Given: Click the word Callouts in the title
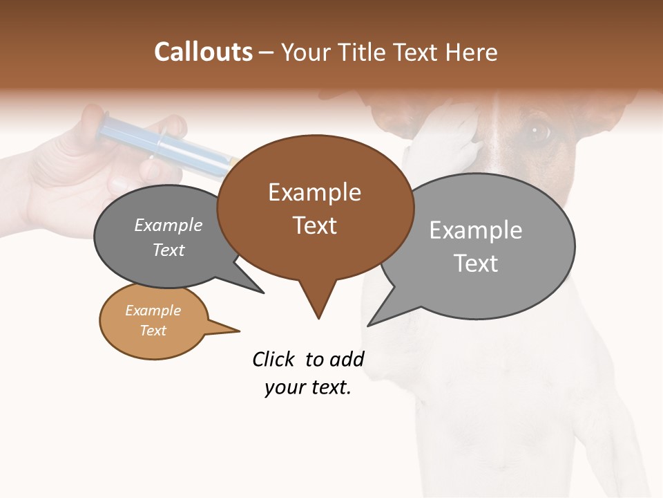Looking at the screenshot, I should (203, 52).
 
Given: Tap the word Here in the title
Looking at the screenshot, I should (472, 53).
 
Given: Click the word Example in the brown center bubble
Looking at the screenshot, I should (314, 192).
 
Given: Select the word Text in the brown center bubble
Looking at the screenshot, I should (315, 225).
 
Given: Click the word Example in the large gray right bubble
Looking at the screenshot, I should (476, 230).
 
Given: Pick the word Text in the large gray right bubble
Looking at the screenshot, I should (476, 264).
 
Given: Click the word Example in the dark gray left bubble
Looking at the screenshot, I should (169, 225).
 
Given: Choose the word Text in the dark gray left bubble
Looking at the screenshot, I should (169, 250).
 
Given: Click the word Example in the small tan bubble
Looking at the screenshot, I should (153, 311).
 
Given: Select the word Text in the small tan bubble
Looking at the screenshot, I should (153, 331).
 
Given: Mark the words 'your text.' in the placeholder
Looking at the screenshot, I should (308, 388).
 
